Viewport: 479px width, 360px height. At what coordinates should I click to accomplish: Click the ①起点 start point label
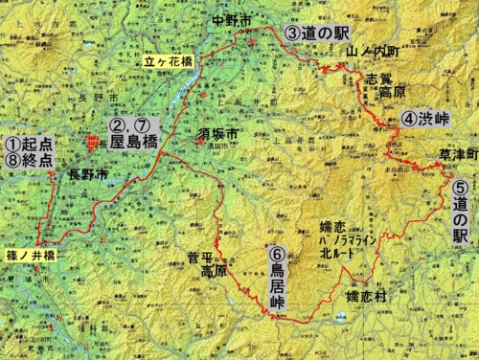29,143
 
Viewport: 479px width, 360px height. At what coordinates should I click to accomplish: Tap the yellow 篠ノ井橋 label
28,257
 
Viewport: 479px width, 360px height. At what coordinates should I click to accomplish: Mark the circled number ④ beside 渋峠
408,119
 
